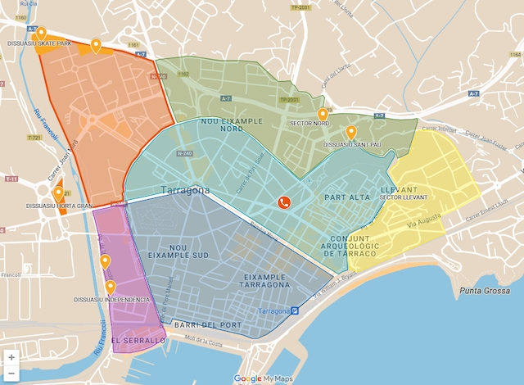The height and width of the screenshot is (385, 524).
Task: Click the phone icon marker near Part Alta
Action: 284,203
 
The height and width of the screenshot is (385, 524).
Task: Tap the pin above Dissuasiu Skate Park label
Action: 41,33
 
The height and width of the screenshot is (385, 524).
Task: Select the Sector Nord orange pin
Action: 323,114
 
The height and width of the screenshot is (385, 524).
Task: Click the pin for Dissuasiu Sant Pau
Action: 350,132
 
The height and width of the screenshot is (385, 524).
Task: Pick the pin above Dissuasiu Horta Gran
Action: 58,193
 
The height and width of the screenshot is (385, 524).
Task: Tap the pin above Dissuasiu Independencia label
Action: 111,288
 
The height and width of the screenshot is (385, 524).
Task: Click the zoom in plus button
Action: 11,357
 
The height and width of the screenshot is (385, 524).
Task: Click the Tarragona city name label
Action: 187,190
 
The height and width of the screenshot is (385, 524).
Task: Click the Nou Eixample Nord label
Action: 232,125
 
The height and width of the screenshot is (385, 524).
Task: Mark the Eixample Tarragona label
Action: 264,280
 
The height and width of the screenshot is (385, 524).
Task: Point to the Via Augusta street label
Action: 422,220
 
